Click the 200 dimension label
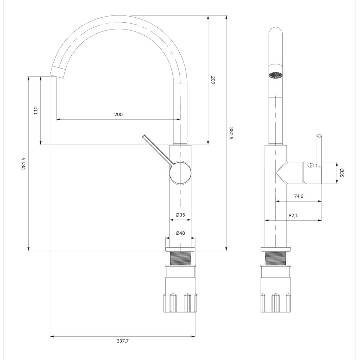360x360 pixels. (118, 114)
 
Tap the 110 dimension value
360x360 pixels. (36, 111)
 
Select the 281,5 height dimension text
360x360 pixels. (23, 163)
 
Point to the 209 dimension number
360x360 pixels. (213, 80)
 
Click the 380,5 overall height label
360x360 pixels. (231, 134)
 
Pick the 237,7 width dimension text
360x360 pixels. (123, 341)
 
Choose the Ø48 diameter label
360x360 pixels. (180, 233)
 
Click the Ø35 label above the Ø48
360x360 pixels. (180, 215)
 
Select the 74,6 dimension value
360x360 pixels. (299, 196)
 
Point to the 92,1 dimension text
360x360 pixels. (293, 215)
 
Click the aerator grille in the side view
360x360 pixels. (275, 75)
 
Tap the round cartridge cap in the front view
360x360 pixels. (180, 173)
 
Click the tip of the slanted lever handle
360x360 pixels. (143, 136)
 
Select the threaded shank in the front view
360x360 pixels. (180, 258)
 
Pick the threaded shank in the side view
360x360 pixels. (275, 258)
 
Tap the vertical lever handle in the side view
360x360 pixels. (319, 150)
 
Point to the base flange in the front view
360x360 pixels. (180, 249)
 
